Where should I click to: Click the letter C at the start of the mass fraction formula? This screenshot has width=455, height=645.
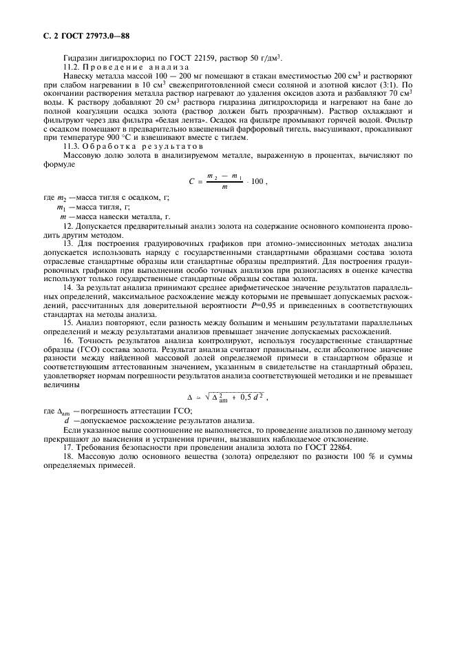coord(191,181)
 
